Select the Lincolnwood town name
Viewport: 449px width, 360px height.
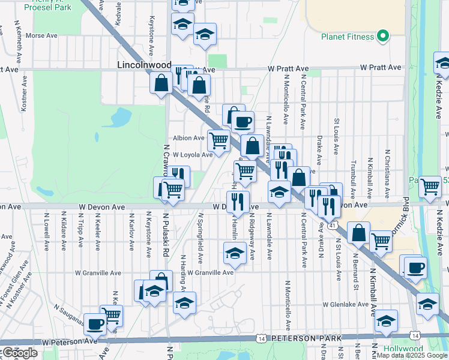(x=144, y=64)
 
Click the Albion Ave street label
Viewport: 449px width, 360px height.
(x=189, y=138)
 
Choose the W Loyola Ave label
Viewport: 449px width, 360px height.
(x=193, y=155)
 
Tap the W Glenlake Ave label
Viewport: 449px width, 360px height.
(x=345, y=304)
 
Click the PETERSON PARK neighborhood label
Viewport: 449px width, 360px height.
(x=307, y=338)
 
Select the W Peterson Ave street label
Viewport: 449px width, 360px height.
(x=69, y=341)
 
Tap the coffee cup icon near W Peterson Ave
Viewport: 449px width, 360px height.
(x=95, y=325)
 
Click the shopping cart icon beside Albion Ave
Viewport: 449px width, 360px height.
(x=218, y=140)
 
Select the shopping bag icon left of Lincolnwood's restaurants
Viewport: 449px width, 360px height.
(x=161, y=83)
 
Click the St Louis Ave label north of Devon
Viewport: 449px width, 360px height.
(x=337, y=135)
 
